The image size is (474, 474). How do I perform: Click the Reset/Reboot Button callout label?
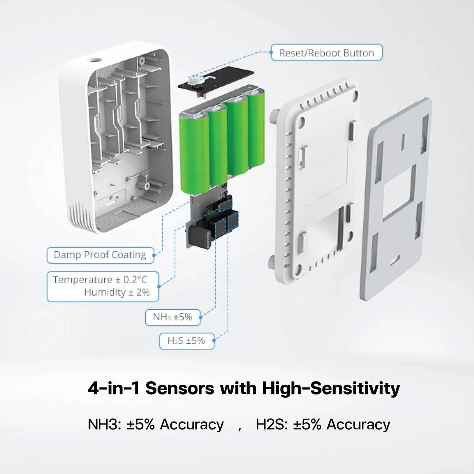326,53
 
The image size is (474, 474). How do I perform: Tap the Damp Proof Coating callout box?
100,255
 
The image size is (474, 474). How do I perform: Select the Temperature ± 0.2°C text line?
100,280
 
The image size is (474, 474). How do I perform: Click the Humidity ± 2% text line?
117,292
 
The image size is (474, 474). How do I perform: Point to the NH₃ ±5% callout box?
173,317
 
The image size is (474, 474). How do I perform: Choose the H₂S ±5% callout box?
186,340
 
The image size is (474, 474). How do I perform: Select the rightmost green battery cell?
256,132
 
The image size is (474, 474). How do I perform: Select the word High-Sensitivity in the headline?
331,388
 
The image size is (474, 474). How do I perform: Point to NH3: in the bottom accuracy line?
105,425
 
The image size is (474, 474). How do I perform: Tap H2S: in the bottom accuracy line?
273,425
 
